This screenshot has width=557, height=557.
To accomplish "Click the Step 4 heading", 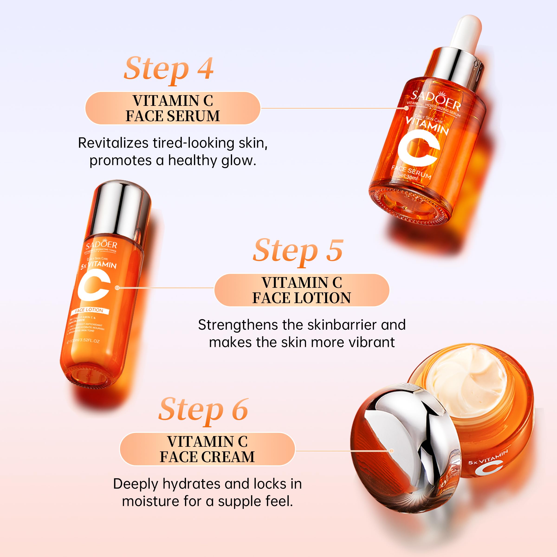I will pos(169,69).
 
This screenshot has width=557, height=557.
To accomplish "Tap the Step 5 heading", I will pos(298,251).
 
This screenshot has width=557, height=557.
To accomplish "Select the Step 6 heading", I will pos(204,410).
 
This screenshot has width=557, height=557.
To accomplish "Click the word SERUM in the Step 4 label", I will pos(194,116).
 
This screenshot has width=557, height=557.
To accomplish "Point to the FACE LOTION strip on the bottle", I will pos(89,310).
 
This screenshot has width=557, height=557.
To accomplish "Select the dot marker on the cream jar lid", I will pos(392,451).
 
